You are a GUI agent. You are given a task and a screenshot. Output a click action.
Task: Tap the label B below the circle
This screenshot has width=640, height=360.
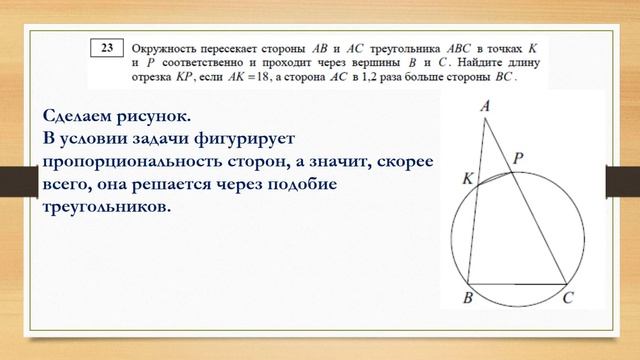tap(467, 298)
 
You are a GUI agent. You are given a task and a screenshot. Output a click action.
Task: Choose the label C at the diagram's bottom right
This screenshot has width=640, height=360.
tap(568, 298)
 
